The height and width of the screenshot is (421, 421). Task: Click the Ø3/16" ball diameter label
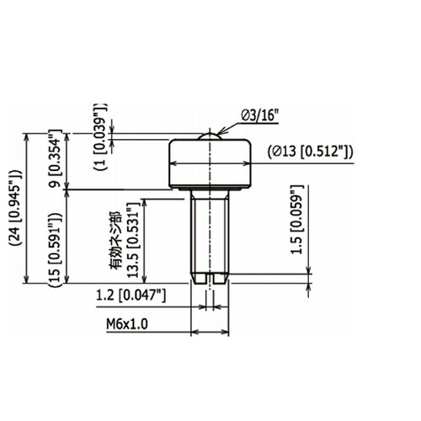(259, 115)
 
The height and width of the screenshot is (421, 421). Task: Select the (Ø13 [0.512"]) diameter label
(310, 152)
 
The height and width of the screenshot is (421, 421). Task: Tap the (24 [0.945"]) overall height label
(16, 208)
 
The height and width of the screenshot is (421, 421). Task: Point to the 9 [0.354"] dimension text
(56, 158)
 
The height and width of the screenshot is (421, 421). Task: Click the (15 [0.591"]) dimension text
(55, 249)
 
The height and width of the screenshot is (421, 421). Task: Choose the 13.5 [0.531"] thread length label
(133, 240)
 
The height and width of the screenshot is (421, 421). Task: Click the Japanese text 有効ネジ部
(116, 240)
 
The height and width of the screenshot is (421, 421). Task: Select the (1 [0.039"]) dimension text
(101, 136)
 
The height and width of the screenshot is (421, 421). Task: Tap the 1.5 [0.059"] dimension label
(297, 220)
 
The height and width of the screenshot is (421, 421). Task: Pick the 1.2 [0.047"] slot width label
(131, 296)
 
